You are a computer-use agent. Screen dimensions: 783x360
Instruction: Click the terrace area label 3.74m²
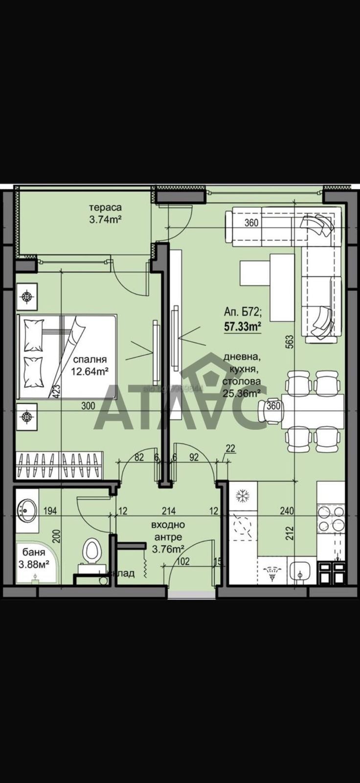click(x=105, y=220)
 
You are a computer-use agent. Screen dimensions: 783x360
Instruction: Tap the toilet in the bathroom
click(x=91, y=551)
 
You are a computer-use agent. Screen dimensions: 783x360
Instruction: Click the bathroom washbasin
click(x=26, y=510)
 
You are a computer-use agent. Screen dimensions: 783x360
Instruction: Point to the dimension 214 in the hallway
click(x=169, y=511)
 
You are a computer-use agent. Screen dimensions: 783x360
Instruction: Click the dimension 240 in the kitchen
click(x=287, y=511)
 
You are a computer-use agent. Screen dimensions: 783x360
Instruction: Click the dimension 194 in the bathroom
click(x=50, y=511)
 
